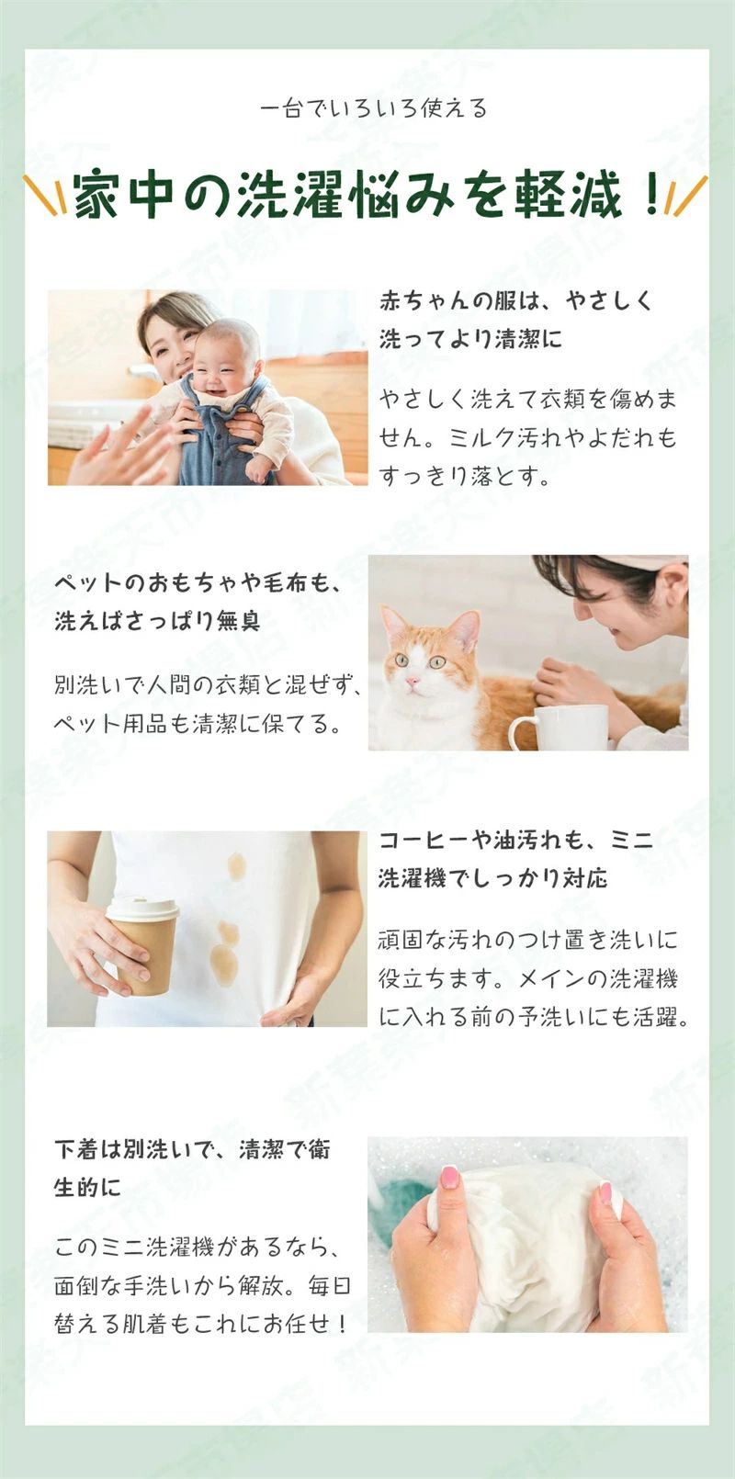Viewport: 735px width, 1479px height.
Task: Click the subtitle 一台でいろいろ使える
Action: tap(374, 107)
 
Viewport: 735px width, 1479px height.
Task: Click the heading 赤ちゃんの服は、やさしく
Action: tap(515, 301)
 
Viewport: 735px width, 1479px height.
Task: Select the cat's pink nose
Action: tap(413, 681)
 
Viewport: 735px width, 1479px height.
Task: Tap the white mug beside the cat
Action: tap(560, 727)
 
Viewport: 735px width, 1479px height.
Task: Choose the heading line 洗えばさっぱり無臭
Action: tap(157, 621)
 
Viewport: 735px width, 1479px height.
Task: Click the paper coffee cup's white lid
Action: tap(142, 909)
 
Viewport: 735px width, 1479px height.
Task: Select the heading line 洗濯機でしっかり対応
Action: tap(492, 879)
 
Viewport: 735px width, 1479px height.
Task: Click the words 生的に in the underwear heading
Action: tap(88, 1188)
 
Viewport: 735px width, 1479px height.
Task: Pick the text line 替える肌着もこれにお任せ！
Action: tap(201, 1324)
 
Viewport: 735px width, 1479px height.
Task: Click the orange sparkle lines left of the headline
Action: tap(45, 195)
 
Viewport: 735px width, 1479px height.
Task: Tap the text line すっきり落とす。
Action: tap(465, 476)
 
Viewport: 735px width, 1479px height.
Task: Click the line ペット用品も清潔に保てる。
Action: tap(198, 724)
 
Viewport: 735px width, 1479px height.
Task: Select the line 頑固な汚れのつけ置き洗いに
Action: tap(528, 940)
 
